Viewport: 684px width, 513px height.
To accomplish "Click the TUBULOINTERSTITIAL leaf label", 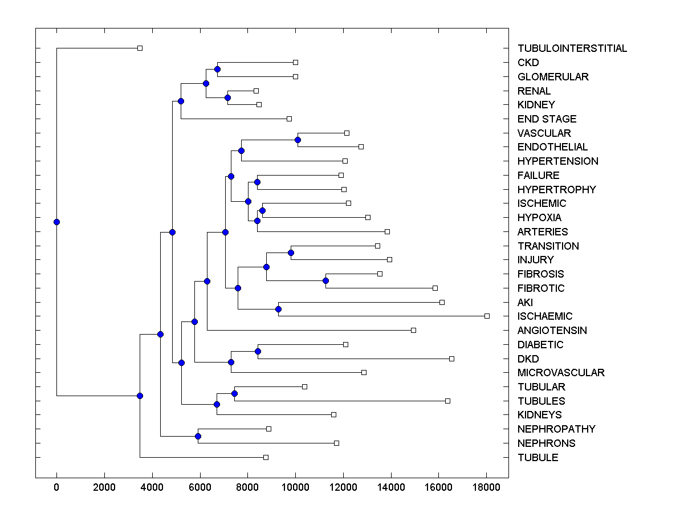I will click(572, 48).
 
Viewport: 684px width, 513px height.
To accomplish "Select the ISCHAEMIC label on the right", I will click(545, 316).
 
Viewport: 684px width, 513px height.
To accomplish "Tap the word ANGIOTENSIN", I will click(552, 331).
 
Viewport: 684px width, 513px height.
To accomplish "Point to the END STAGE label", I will click(547, 119).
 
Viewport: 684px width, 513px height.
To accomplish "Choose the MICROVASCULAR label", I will click(561, 373).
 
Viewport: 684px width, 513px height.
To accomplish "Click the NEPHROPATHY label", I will click(556, 429).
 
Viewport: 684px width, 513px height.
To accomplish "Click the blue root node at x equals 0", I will click(56, 222).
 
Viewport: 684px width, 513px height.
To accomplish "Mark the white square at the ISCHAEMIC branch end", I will click(487, 316).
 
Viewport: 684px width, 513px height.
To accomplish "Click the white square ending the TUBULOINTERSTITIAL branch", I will click(140, 48).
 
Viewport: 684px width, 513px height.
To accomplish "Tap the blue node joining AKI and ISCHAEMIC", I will click(278, 309).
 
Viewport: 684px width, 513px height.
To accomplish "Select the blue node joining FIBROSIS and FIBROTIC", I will click(325, 280).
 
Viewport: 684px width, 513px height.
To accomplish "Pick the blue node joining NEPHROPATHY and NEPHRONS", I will click(198, 437).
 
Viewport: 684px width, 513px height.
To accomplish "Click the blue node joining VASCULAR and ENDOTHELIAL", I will click(298, 140).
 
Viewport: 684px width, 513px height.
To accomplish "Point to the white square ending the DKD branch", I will click(451, 359).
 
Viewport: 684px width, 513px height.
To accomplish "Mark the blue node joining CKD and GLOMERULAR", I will click(217, 69).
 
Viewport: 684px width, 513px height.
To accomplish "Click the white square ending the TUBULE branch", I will click(266, 457).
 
